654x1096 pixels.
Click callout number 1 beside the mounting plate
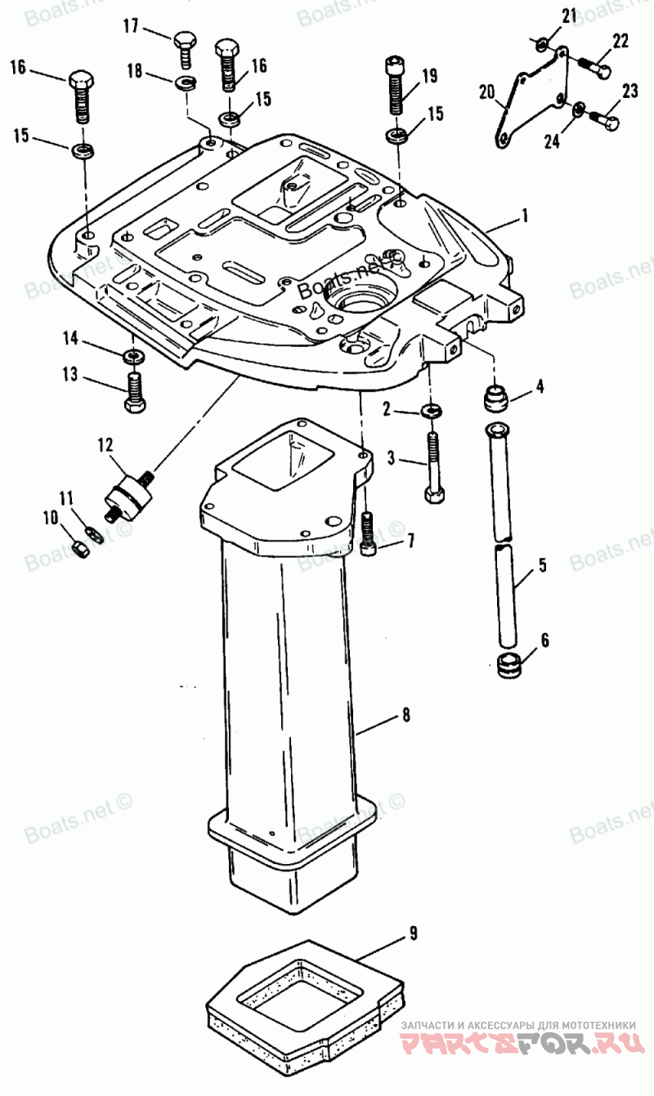coord(526,216)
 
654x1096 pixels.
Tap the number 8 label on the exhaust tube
coord(405,715)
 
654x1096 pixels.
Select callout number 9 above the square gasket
coord(414,933)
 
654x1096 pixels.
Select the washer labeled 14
coord(131,357)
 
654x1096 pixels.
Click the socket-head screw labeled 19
coord(396,85)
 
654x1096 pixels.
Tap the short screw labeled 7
coord(368,535)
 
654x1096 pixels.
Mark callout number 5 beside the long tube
coord(542,564)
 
